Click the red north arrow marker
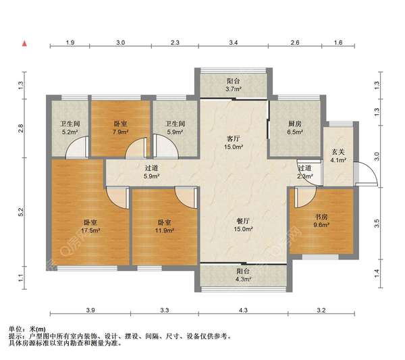24,44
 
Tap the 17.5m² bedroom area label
90,230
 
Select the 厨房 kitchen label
295,124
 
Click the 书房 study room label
321,217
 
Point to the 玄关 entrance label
338,152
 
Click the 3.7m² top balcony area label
234,89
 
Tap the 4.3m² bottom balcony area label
243,279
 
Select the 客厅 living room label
233,138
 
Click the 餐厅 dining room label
243,221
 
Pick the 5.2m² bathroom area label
70,132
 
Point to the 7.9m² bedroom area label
121,132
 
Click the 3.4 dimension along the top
234,43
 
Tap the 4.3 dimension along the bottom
243,310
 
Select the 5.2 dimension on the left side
21,212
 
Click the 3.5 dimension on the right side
377,224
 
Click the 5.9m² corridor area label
151,176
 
